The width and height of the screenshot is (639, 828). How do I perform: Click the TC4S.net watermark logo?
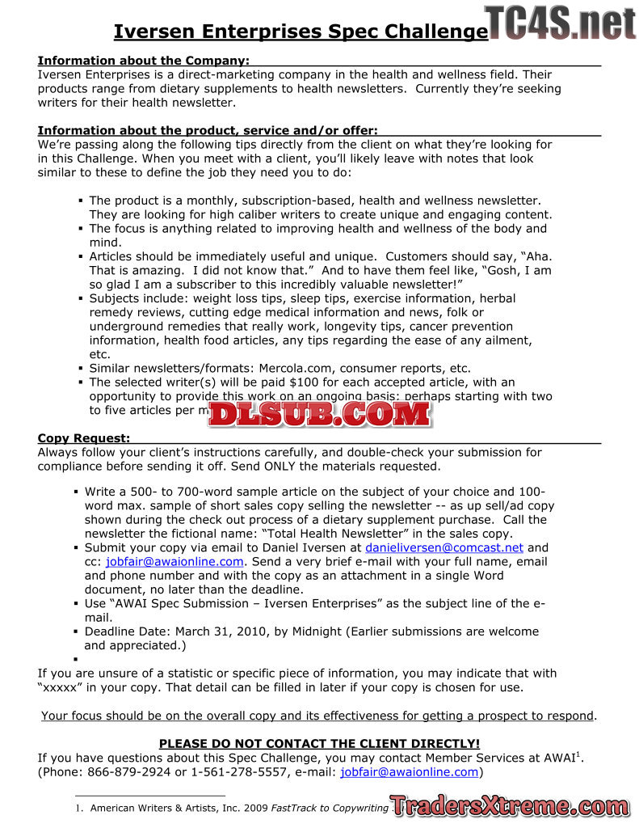(x=561, y=22)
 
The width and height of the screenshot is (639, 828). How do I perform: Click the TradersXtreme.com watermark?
(x=509, y=805)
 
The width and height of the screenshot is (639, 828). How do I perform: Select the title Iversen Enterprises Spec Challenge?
(x=301, y=32)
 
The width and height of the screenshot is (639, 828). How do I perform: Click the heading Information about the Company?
(x=143, y=61)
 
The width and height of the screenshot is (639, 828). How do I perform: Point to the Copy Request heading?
(x=84, y=438)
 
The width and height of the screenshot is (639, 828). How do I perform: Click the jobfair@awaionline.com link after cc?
(x=174, y=561)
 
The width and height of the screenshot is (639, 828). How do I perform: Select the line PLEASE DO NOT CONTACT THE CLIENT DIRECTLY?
(x=319, y=743)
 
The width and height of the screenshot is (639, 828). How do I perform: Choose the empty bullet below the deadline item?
(x=75, y=660)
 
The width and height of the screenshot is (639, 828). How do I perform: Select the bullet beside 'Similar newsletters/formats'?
(x=80, y=369)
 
